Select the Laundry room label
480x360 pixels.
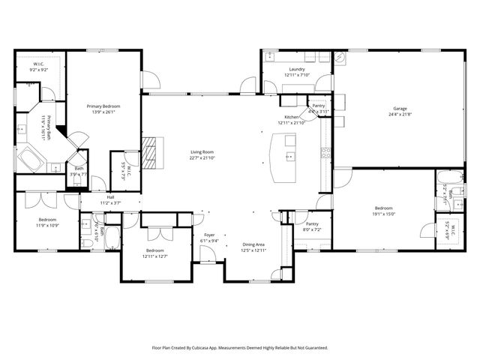(296, 69)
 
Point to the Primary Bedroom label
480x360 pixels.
(103, 106)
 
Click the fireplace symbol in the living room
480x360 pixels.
(151, 151)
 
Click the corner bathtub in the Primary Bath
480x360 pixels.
(32, 159)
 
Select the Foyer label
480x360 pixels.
(210, 235)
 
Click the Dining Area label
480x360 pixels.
(253, 244)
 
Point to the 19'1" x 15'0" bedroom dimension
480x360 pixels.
(390, 213)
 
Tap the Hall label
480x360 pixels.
(110, 197)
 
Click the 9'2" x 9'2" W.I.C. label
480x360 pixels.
(40, 70)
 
